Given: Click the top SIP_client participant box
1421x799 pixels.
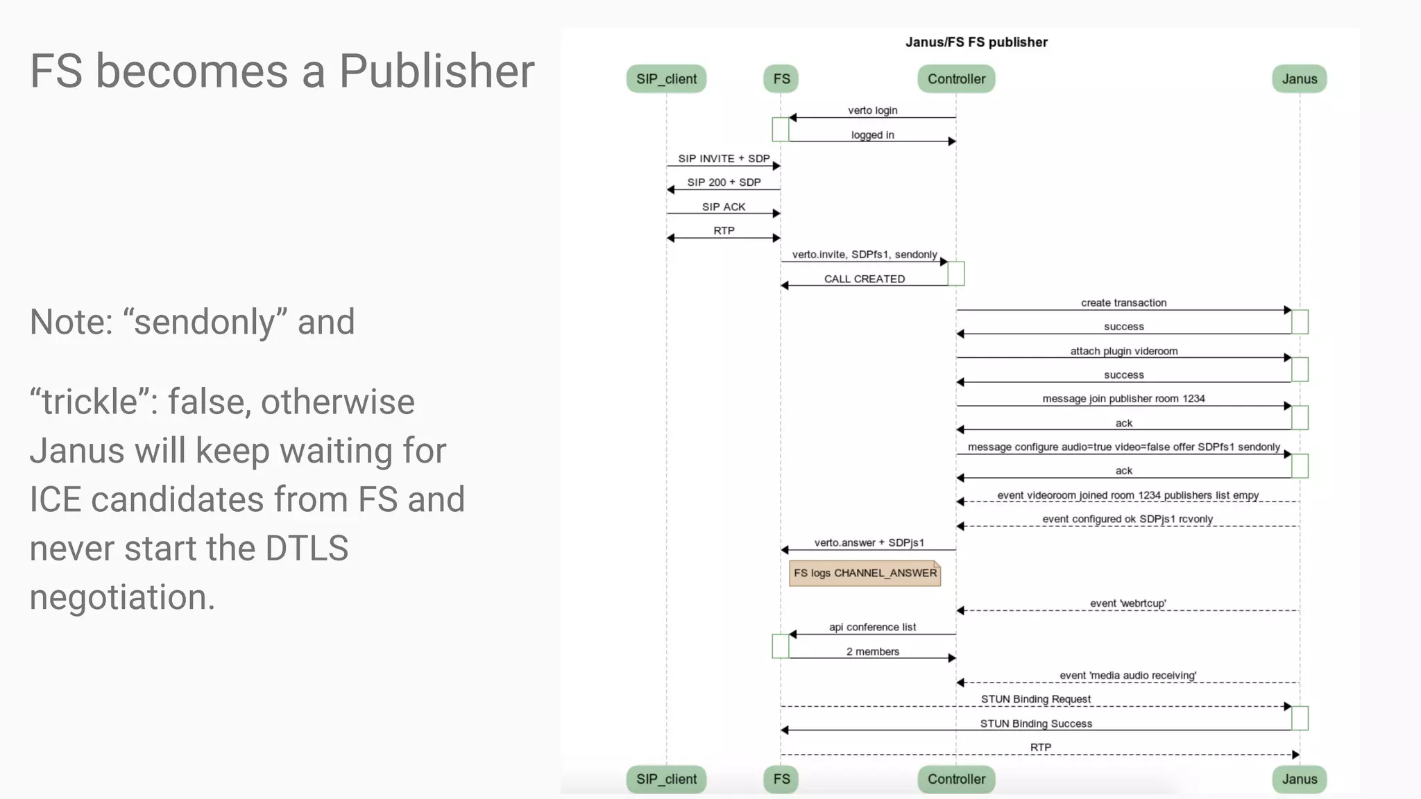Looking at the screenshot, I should click(666, 79).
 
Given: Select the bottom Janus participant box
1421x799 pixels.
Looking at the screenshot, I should click(1299, 779).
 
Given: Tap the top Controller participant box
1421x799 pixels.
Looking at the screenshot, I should click(956, 79).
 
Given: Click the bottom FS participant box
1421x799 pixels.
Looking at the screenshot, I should click(781, 779).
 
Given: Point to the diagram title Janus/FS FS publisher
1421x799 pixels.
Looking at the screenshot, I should click(976, 42).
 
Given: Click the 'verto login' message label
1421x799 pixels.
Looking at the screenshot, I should click(872, 110).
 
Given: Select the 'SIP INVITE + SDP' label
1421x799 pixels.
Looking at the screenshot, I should click(724, 159).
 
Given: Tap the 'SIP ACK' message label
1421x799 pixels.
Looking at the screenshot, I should click(723, 207).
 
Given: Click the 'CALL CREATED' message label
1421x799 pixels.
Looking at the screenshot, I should click(865, 279).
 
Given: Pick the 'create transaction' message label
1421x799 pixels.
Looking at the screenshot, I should click(1123, 303).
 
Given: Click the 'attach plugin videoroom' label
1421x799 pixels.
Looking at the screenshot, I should click(1123, 351).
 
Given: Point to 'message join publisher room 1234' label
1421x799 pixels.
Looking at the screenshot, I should click(1123, 399).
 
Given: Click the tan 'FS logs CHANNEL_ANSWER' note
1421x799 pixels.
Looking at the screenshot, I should click(865, 573).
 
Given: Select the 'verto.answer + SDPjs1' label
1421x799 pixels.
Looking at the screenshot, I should click(869, 542).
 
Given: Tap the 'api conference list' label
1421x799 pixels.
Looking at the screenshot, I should click(872, 627).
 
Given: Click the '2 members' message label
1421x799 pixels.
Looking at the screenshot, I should click(872, 652).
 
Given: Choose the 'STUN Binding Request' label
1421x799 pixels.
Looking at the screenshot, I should click(1035, 699).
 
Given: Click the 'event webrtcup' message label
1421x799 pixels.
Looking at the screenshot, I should click(1128, 603).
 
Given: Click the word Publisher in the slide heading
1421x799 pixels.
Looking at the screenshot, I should click(436, 71).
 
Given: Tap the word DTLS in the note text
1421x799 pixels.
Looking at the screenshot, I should click(307, 548).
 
